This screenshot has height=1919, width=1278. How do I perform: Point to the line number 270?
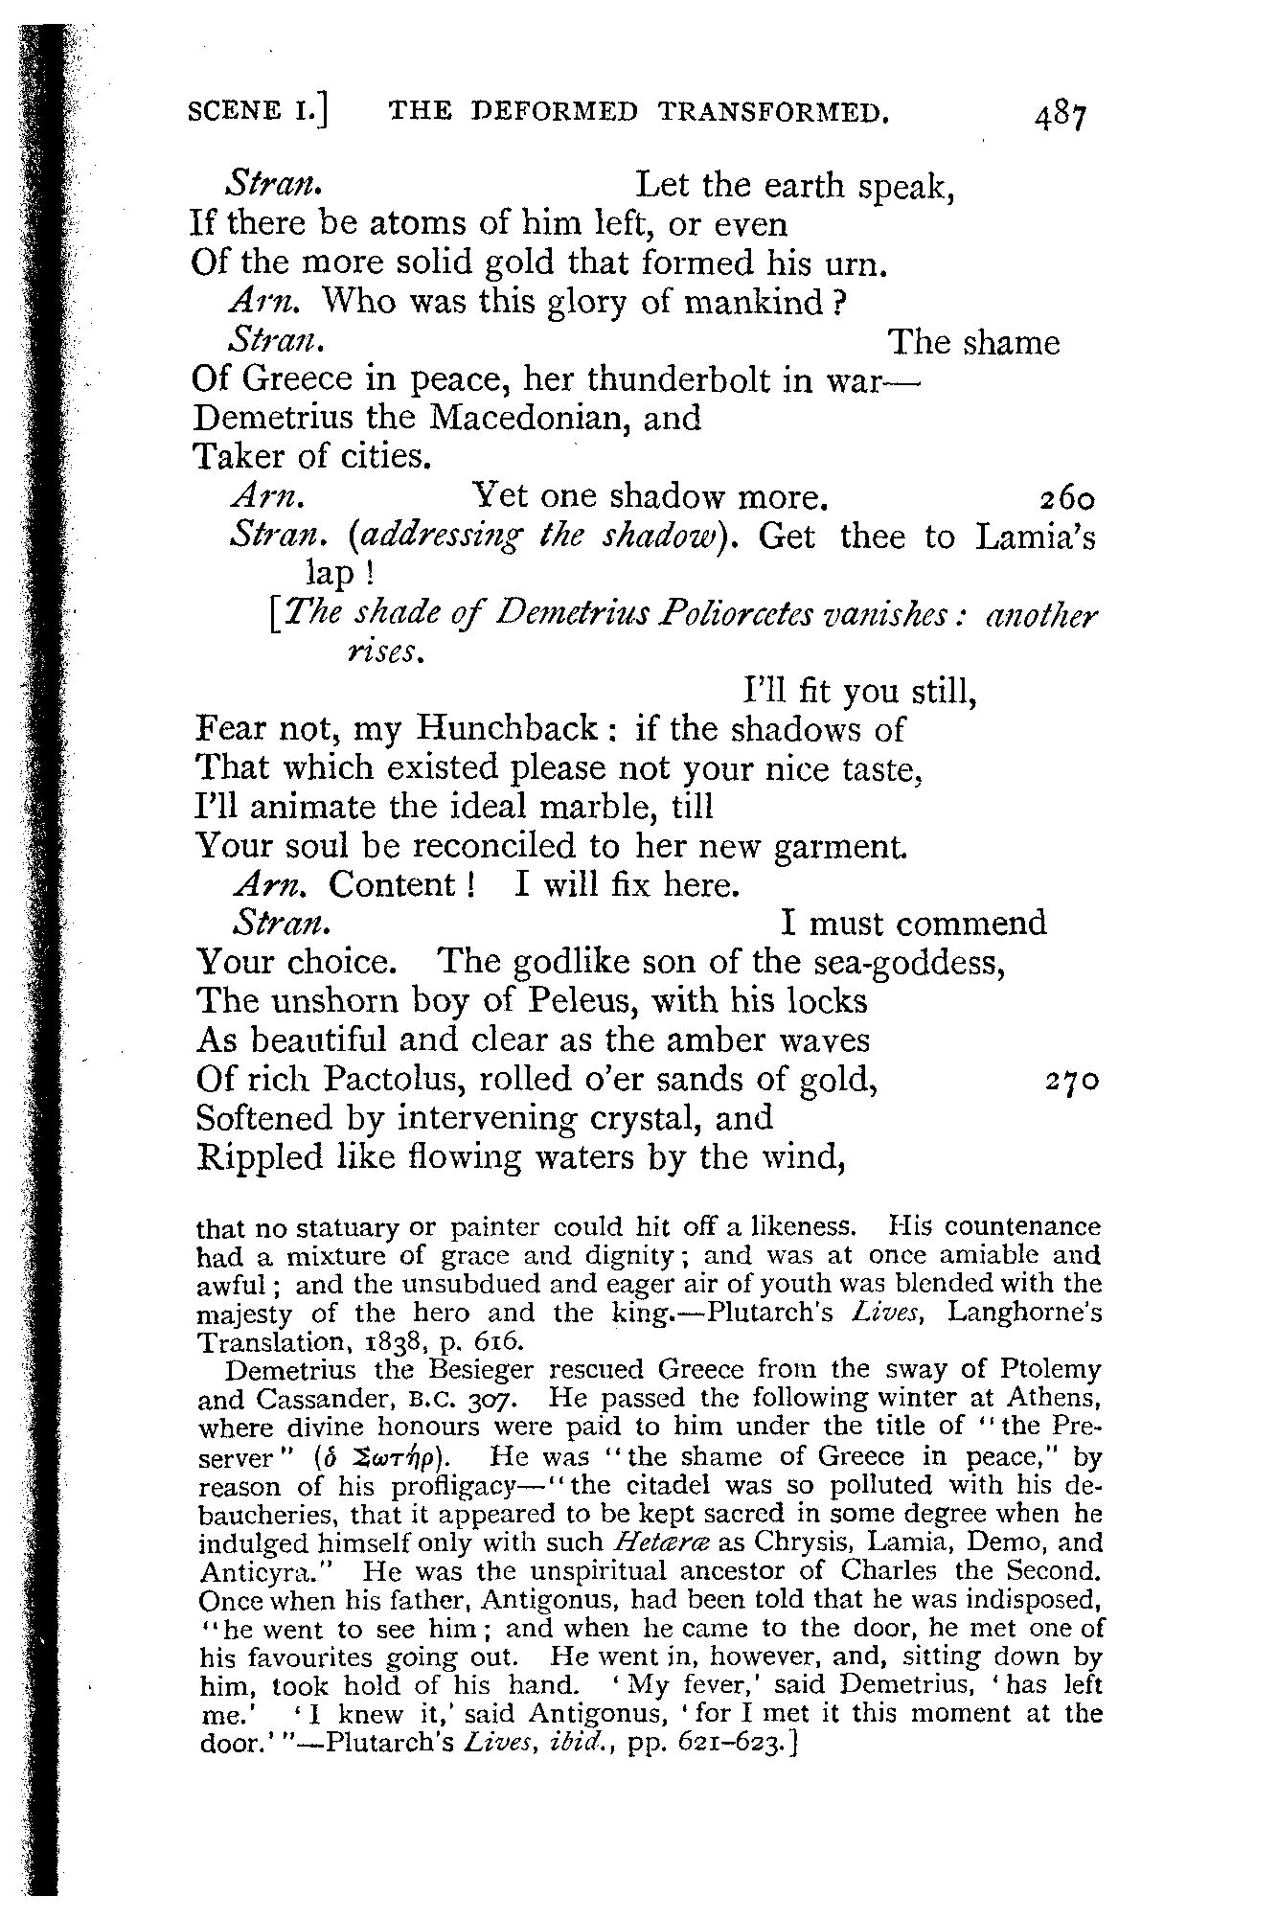click(1069, 1082)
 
